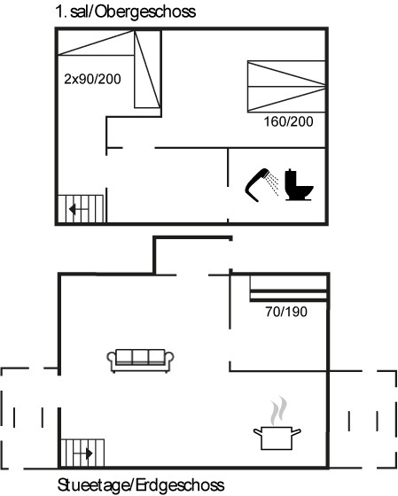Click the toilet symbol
coord(299,185)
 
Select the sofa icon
coord(140,360)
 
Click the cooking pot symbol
coord(277,438)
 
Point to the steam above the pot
coord(278,411)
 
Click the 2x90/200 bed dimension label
coord(92,79)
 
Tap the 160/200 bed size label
coord(288,121)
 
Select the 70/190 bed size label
coord(286,312)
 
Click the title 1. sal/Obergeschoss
coord(125,12)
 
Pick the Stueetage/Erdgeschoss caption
coord(141,485)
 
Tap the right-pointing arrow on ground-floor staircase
coord(83,453)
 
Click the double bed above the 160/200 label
coord(286,87)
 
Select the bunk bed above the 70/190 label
coord(288,289)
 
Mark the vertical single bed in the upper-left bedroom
coord(147,69)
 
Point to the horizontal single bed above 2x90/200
coord(96,43)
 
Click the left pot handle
coord(257,430)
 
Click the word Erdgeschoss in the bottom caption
coord(180,485)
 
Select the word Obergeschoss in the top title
coord(145,12)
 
